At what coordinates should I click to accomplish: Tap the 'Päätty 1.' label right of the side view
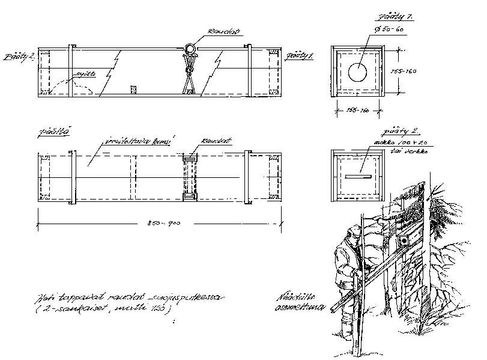(300, 55)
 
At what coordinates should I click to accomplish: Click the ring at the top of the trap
(189, 49)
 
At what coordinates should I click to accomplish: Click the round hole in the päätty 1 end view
(357, 72)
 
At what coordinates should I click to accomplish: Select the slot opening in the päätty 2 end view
(358, 177)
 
